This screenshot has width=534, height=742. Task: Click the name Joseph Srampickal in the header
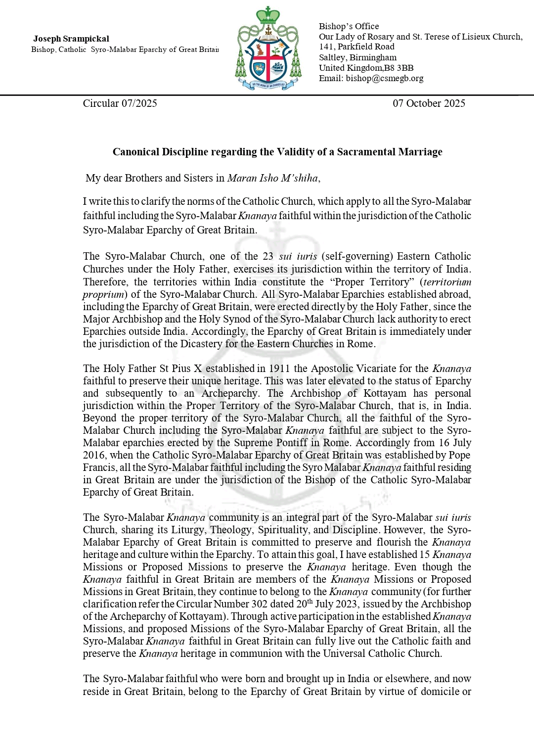pos(71,39)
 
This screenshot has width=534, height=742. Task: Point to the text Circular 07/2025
pos(120,103)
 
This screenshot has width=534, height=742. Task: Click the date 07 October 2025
pos(429,103)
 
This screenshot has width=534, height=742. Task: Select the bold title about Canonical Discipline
pos(277,152)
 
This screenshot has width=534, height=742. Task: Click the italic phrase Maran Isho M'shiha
pos(272,178)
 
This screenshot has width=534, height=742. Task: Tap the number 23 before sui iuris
pos(268,256)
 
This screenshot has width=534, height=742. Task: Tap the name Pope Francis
pos(457,455)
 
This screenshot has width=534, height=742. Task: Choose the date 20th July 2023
pos(324,604)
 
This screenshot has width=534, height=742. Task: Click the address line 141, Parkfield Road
pos(356,46)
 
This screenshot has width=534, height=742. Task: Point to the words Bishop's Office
pos(349,26)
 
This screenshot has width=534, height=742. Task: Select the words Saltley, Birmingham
pos(357,57)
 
